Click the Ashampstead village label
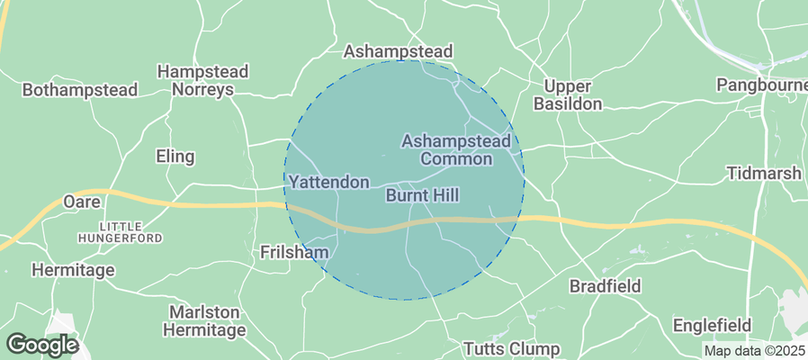pos(398,50)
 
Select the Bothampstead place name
pos(80,90)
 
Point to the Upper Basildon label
pos(568,95)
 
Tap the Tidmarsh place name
pos(764,173)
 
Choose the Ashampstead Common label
pos(456,150)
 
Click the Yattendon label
pos(328,183)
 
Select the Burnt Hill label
pos(422,195)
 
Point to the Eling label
pos(175,157)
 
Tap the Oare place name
pos(81,202)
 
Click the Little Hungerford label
pos(120,232)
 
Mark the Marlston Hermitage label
pos(204,321)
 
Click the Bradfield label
pos(605,286)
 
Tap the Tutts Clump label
pos(510,349)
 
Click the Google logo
pos(41,344)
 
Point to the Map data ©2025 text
pos(754,351)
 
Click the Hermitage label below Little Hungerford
pos(73,270)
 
